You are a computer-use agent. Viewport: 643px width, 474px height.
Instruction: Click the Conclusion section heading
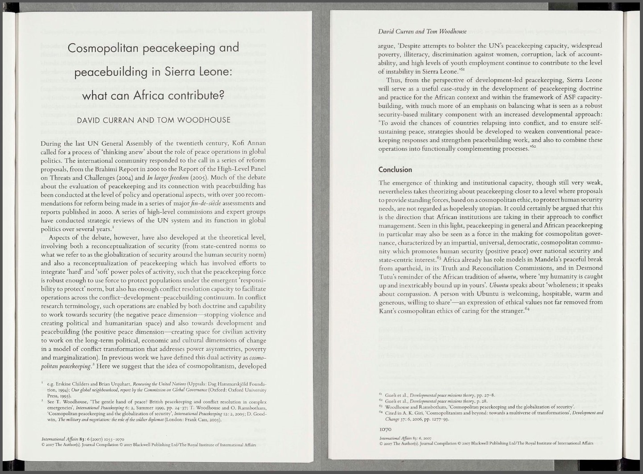coord(395,169)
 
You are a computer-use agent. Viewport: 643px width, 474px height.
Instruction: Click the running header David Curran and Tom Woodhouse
coord(422,31)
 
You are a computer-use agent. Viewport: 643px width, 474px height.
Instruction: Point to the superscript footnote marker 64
coord(526,308)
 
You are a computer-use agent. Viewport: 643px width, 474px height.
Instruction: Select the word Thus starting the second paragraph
coord(394,80)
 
